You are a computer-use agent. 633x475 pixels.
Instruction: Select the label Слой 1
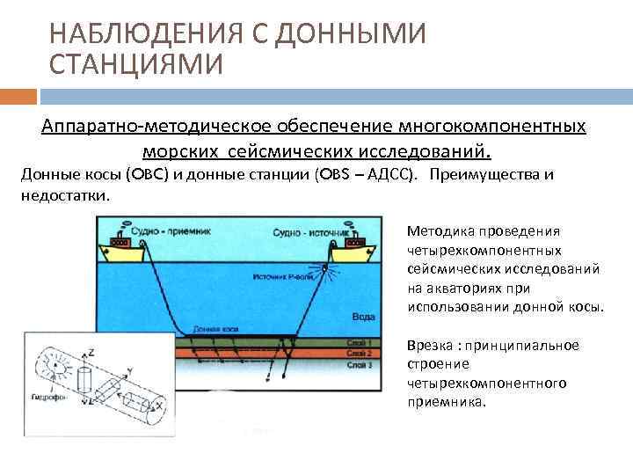360,342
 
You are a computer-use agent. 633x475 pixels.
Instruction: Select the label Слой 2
360,353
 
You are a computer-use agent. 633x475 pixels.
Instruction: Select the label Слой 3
360,363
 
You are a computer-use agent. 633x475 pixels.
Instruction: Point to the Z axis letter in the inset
91,351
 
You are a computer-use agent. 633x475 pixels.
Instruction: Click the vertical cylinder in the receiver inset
85,380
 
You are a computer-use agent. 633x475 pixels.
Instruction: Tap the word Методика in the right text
441,231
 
